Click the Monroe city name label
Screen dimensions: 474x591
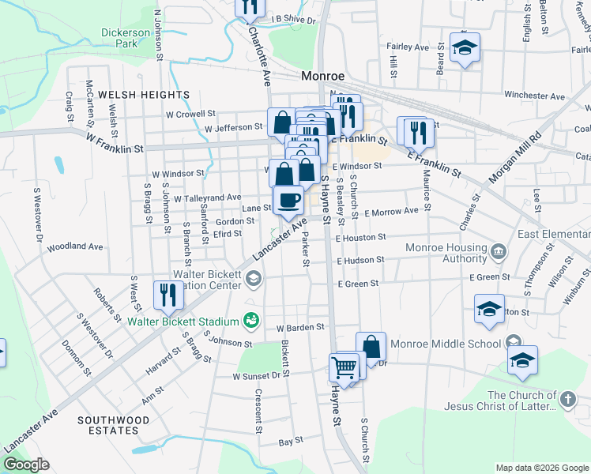pyautogui.click(x=324, y=77)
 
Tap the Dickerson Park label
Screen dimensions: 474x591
pyautogui.click(x=125, y=38)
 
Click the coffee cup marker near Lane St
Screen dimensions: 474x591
pyautogui.click(x=288, y=200)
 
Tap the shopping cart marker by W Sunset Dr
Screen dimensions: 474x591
pyautogui.click(x=344, y=367)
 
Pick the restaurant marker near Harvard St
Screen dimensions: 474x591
pyautogui.click(x=167, y=295)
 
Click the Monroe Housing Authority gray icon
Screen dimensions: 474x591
pyautogui.click(x=499, y=252)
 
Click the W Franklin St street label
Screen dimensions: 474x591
pyautogui.click(x=115, y=143)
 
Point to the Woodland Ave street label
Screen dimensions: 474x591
pyautogui.click(x=76, y=246)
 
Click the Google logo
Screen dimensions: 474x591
pyautogui.click(x=26, y=465)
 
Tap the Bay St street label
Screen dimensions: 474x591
pyautogui.click(x=296, y=441)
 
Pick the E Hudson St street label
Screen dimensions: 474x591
pyautogui.click(x=359, y=260)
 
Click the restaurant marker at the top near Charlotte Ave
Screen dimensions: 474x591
pyautogui.click(x=249, y=8)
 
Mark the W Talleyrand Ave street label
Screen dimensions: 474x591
pyautogui.click(x=207, y=197)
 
